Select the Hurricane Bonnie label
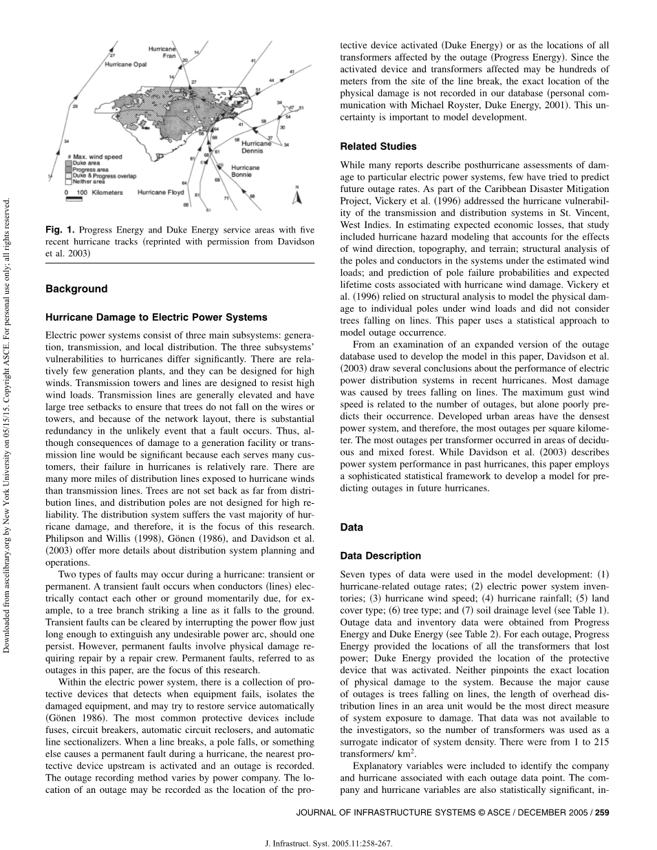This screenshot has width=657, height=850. [x=245, y=171]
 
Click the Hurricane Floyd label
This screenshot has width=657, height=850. [x=160, y=193]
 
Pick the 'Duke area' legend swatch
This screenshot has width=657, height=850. [x=68, y=163]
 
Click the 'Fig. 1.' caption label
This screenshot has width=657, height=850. [x=60, y=230]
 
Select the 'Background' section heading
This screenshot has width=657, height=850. [x=76, y=289]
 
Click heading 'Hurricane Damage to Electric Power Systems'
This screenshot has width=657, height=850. [x=156, y=317]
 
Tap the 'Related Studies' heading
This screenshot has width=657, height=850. [x=378, y=146]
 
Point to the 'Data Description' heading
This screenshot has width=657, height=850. [x=380, y=555]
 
